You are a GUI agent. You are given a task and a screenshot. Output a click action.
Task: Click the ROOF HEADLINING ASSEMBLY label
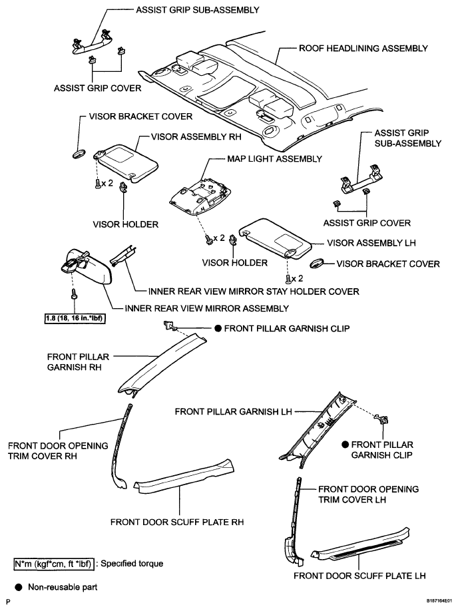pos(363,49)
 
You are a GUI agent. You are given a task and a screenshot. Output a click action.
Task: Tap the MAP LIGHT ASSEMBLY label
pos(266,159)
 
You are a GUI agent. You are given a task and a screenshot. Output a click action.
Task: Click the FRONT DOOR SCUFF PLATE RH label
pos(176,522)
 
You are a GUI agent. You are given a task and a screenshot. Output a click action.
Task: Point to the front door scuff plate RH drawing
pos(183,479)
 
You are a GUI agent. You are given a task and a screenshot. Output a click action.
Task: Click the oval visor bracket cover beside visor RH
pos(77,155)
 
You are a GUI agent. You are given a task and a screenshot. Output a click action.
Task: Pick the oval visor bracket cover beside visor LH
pos(319,264)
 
